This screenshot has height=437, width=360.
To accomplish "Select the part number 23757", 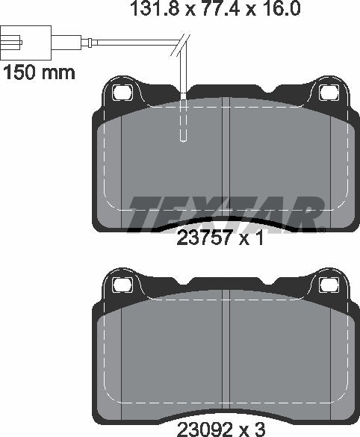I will coord(200,241).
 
